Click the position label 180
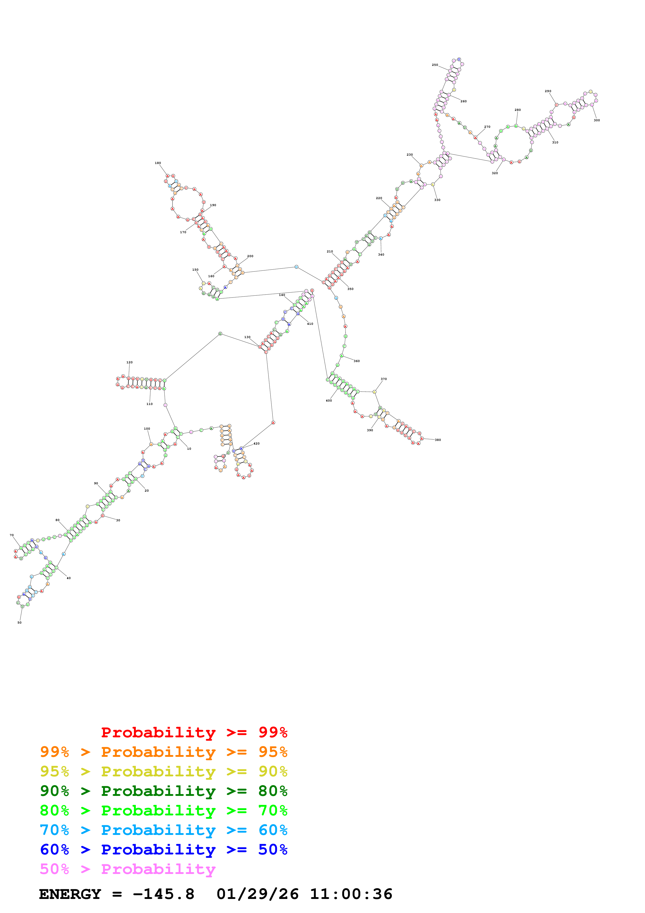click(x=158, y=163)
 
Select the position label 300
click(x=597, y=120)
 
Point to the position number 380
click(x=438, y=440)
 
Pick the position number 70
click(x=11, y=535)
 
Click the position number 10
click(x=189, y=448)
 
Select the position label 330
click(x=437, y=200)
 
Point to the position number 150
click(x=195, y=270)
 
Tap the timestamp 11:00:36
click(x=351, y=894)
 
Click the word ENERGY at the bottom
click(x=70, y=894)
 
